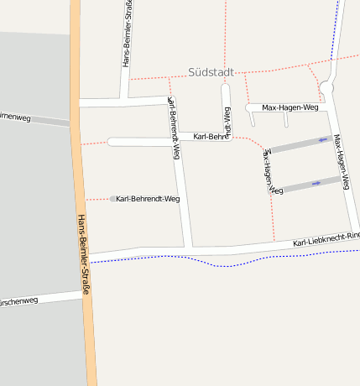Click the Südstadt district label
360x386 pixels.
[x=211, y=72]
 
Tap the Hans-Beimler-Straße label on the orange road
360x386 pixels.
[x=82, y=255]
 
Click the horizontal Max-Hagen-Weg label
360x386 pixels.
[x=290, y=107]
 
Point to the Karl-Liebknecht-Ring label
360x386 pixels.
[x=326, y=240]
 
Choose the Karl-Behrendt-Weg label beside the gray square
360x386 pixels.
[x=149, y=199]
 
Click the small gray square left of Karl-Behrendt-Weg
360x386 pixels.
[x=112, y=199]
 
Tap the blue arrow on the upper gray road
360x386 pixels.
[x=323, y=139]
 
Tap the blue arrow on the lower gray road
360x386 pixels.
[x=316, y=182]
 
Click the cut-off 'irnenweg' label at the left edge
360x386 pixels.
[x=15, y=117]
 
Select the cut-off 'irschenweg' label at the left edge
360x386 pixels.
[x=18, y=300]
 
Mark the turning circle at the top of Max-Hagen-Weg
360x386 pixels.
[x=326, y=86]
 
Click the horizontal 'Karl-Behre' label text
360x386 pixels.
[x=211, y=136]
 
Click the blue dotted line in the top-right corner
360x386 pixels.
[x=337, y=25]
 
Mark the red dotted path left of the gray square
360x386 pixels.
[x=97, y=199]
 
